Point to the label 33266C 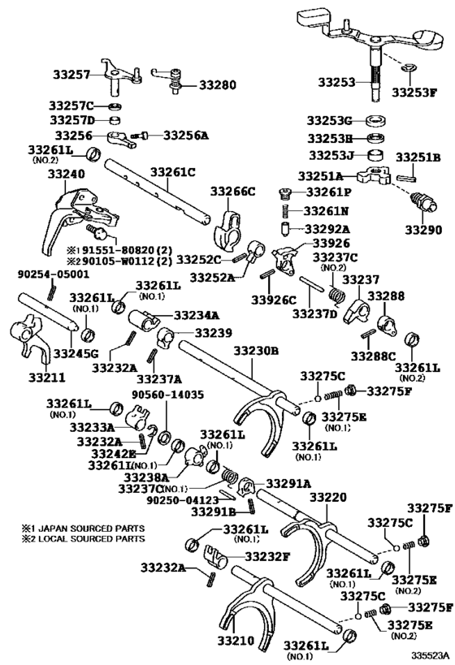(x=233, y=191)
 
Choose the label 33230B (x=256, y=351)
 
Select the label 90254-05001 (x=49, y=274)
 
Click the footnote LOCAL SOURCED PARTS (x=84, y=538)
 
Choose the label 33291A (x=288, y=482)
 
